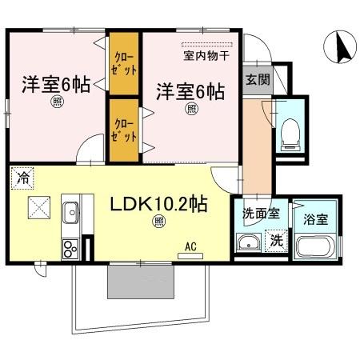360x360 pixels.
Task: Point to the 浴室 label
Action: pos(315,216)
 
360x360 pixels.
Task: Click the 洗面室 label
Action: pos(261,214)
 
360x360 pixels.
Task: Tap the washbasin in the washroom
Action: pos(249,243)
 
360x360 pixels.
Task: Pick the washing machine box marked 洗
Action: pos(276,238)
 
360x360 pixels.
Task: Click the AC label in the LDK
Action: pos(191,246)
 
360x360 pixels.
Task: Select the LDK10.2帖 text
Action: pos(159,204)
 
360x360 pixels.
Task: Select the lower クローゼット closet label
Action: pos(124,130)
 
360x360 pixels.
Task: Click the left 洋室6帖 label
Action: pos(50,82)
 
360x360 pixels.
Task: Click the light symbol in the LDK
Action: pos(159,221)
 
